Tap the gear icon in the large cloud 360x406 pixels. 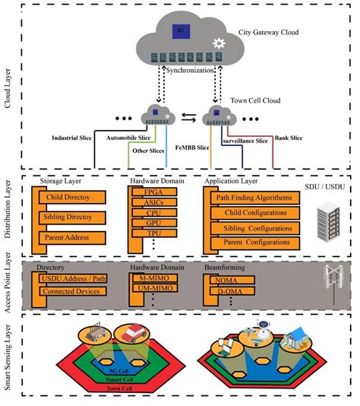(220, 43)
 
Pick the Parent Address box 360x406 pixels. (68, 238)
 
